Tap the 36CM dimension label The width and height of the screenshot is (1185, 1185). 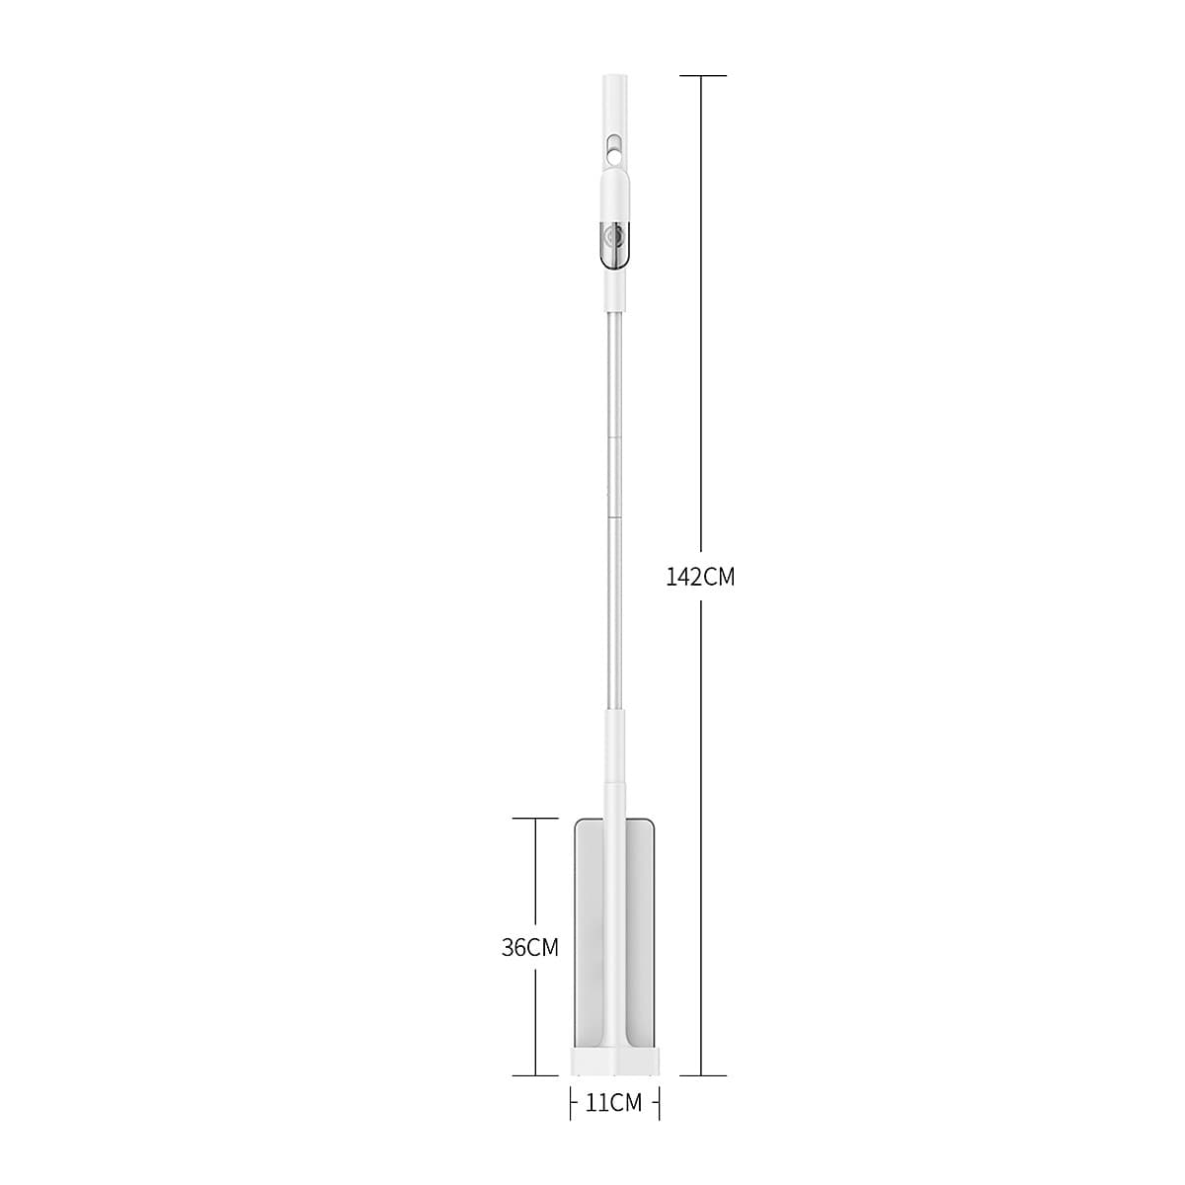[x=530, y=948]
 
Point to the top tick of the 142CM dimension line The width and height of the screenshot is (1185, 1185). [x=701, y=76]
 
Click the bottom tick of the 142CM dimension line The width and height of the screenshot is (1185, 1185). [x=701, y=1075]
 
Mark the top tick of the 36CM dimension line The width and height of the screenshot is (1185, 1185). [x=534, y=819]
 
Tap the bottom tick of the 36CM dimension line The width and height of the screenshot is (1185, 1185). [x=534, y=1075]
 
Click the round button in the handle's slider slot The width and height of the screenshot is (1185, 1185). [x=614, y=153]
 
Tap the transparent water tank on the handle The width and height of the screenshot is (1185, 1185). [x=613, y=244]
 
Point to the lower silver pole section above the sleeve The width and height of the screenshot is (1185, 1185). [x=614, y=612]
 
